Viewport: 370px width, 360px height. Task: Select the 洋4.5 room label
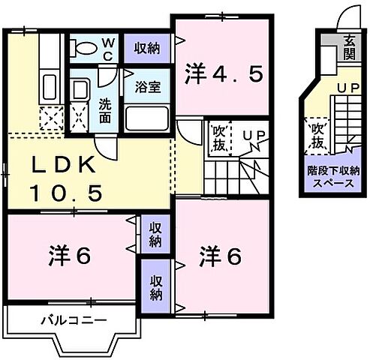point(223,75)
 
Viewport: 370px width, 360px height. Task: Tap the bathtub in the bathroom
point(147,118)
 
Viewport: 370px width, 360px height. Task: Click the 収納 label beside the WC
point(147,49)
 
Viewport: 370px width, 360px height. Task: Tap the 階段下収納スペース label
point(332,177)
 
